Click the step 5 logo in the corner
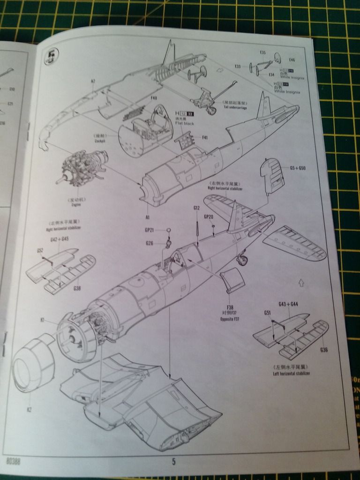[x=50, y=57]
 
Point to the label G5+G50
[x=297, y=167]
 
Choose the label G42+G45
[x=59, y=239]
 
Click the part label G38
[x=77, y=288]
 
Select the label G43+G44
[x=288, y=305]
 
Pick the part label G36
[x=324, y=350]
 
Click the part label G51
[x=267, y=312]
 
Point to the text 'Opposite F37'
[x=230, y=319]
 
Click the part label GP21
[x=150, y=230]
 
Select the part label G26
[x=150, y=243]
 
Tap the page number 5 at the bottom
[x=173, y=462]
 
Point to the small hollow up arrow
[x=301, y=283]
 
